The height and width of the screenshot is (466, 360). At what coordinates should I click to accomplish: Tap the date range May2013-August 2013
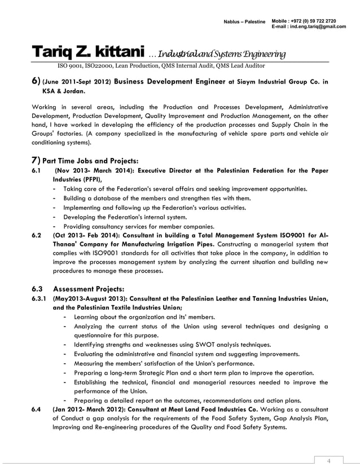click(91, 299)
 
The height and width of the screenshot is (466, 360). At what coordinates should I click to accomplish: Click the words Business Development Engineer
click(169, 81)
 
